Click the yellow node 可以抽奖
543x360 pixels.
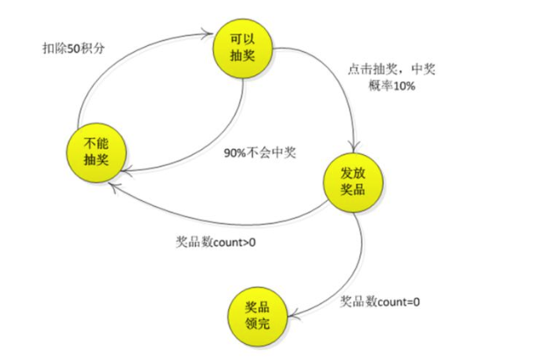pyautogui.click(x=243, y=48)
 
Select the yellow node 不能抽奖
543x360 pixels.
pyautogui.click(x=94, y=149)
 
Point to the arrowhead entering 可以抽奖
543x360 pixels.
pyautogui.click(x=207, y=34)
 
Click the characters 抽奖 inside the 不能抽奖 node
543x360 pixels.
pyautogui.click(x=94, y=157)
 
